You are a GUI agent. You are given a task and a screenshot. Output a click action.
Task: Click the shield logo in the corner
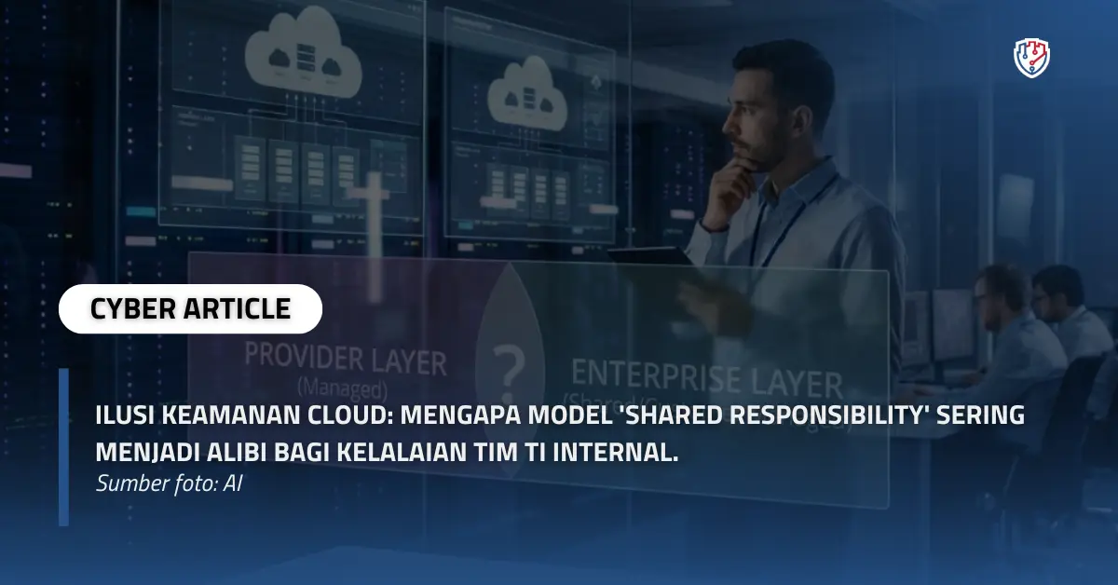(1031, 58)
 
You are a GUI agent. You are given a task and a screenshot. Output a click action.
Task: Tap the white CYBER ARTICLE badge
(190, 308)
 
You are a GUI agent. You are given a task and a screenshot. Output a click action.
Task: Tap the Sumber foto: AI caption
(169, 484)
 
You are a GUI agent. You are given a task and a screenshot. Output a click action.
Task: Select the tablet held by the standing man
(652, 253)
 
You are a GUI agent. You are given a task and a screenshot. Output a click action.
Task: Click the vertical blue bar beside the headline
(63, 447)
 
